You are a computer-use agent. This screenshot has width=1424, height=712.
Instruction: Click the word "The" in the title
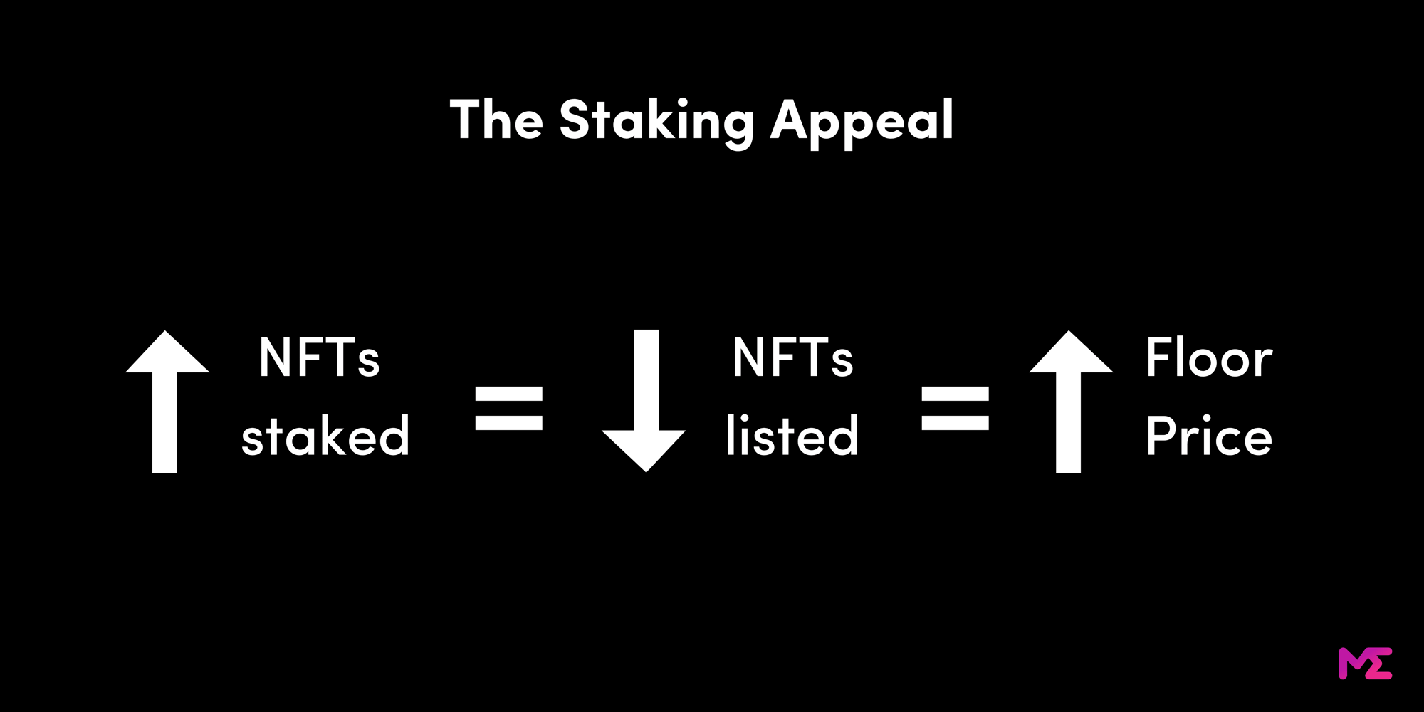point(496,119)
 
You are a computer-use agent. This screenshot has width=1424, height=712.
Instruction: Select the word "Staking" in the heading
point(656,121)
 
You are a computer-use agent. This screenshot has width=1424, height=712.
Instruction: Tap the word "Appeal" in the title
point(862,121)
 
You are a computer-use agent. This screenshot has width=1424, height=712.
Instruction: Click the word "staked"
point(325,436)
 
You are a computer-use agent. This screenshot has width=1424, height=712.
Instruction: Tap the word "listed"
point(792,436)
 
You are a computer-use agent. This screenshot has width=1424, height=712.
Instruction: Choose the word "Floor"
point(1208,357)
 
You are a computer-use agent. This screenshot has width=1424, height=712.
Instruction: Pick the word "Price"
point(1208,436)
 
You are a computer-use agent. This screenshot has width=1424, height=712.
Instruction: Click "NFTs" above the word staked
point(319,357)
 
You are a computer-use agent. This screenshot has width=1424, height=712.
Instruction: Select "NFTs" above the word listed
point(792,357)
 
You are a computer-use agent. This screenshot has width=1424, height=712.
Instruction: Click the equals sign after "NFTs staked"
point(508,408)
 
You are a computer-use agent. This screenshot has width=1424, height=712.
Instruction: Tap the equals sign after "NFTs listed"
point(955,408)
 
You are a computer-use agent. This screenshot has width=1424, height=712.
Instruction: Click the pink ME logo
point(1365,664)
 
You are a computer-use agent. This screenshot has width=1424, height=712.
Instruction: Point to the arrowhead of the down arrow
point(644,449)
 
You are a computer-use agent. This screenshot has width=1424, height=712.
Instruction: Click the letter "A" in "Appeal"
point(789,120)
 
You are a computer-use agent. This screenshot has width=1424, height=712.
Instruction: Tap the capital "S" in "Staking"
point(575,120)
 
